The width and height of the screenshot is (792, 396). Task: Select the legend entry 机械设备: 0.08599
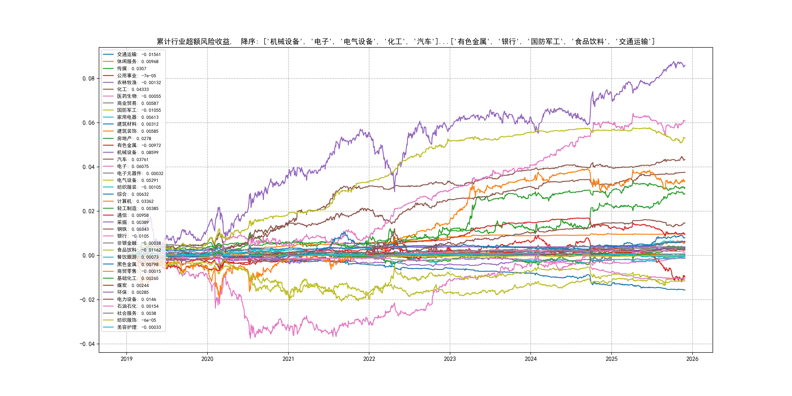tap(137, 153)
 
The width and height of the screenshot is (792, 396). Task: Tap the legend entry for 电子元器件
tap(140, 173)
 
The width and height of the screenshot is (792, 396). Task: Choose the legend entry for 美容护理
tap(139, 327)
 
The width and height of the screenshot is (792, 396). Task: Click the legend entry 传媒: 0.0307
tap(132, 68)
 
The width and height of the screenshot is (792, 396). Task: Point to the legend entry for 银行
tap(132, 236)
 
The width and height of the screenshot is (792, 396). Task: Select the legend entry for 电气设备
tap(137, 180)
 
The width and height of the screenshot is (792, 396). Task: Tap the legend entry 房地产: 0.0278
tap(134, 138)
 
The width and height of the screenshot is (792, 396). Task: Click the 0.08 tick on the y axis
tap(88, 79)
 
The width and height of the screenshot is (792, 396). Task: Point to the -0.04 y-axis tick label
tap(87, 344)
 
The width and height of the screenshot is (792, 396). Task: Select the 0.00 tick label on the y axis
tap(88, 256)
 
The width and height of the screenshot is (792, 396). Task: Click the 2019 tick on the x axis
tap(126, 359)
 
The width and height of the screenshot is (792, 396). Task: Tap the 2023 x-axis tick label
tap(450, 359)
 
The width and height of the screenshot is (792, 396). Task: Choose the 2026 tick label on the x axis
tap(692, 359)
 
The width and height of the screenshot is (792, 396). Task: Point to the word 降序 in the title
tap(248, 42)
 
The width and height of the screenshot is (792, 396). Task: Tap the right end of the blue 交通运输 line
tap(685, 290)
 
